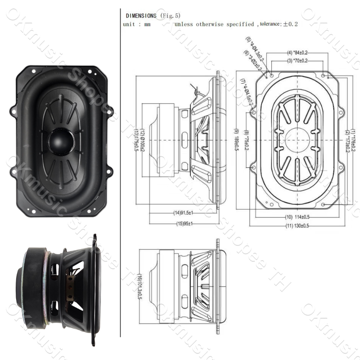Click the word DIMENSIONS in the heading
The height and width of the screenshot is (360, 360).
pyautogui.click(x=141, y=16)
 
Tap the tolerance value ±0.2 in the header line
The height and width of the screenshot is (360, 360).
pyautogui.click(x=291, y=24)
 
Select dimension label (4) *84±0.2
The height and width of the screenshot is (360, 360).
pyautogui.click(x=297, y=53)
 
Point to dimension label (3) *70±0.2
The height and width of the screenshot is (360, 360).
pyautogui.click(x=297, y=60)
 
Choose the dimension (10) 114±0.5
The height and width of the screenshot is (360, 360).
pyautogui.click(x=297, y=217)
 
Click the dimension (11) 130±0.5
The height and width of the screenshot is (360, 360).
pyautogui.click(x=297, y=225)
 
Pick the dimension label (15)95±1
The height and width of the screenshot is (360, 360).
pyautogui.click(x=184, y=224)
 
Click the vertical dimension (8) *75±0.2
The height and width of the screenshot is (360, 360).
pyautogui.click(x=246, y=140)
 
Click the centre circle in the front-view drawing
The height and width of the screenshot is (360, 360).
pyautogui.click(x=297, y=140)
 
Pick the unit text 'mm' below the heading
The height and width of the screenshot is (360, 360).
pyautogui.click(x=147, y=24)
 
